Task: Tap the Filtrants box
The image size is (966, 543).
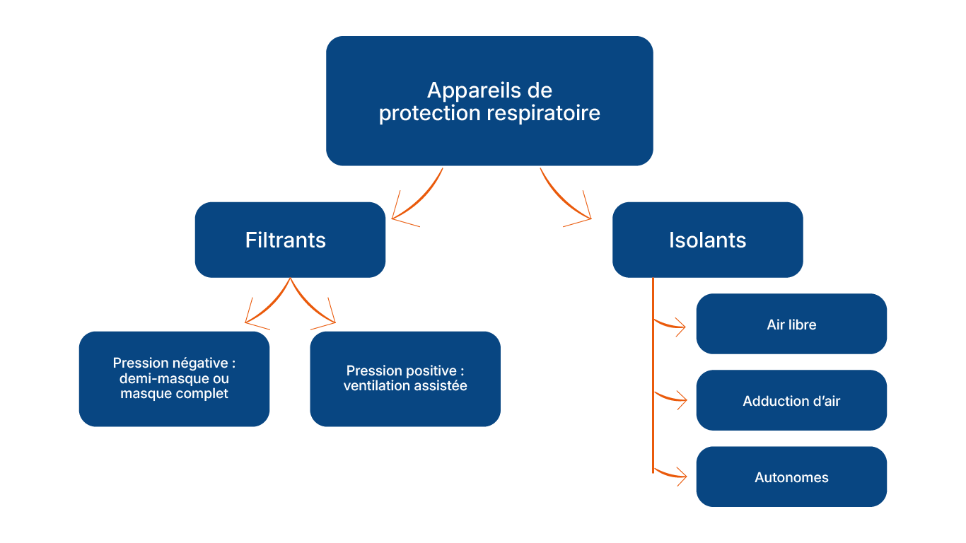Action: coord(290,240)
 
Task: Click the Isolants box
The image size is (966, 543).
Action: coord(707,240)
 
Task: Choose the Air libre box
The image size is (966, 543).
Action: coord(791,325)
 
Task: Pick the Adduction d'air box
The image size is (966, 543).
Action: coord(791,401)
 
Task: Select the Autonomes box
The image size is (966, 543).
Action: coord(791,477)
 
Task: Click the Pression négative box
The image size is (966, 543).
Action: coord(174,378)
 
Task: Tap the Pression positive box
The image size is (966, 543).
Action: coord(405,378)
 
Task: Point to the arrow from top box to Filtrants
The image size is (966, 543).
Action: coord(417,198)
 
